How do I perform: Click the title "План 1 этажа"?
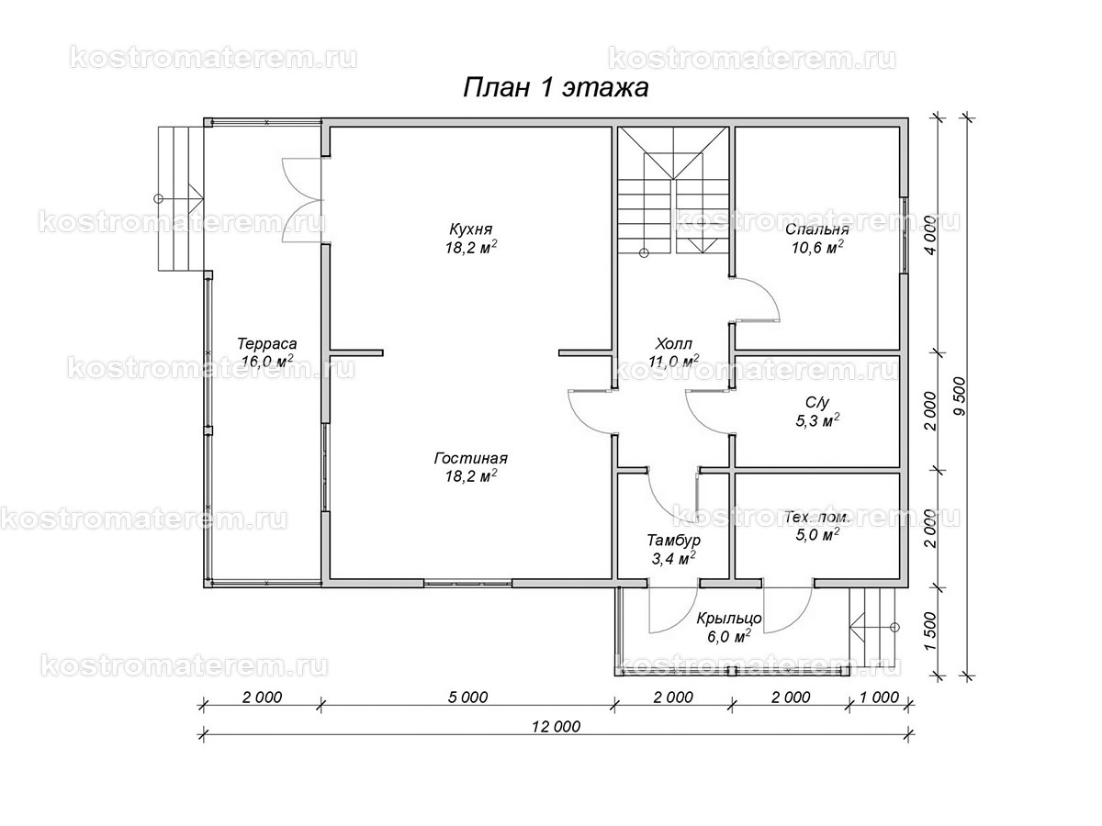pos(555,87)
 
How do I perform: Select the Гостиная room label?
pos(471,459)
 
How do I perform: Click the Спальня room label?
pos(816,229)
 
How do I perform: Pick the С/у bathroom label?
pos(816,402)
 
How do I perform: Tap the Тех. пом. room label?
pos(816,518)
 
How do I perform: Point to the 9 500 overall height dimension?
pos(959,397)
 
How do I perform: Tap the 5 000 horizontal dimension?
pos(468,697)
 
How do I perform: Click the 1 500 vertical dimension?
pos(929,631)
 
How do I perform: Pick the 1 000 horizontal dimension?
pos(879,697)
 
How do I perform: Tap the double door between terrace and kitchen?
pos(302,198)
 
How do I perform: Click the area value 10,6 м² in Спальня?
pos(816,247)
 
